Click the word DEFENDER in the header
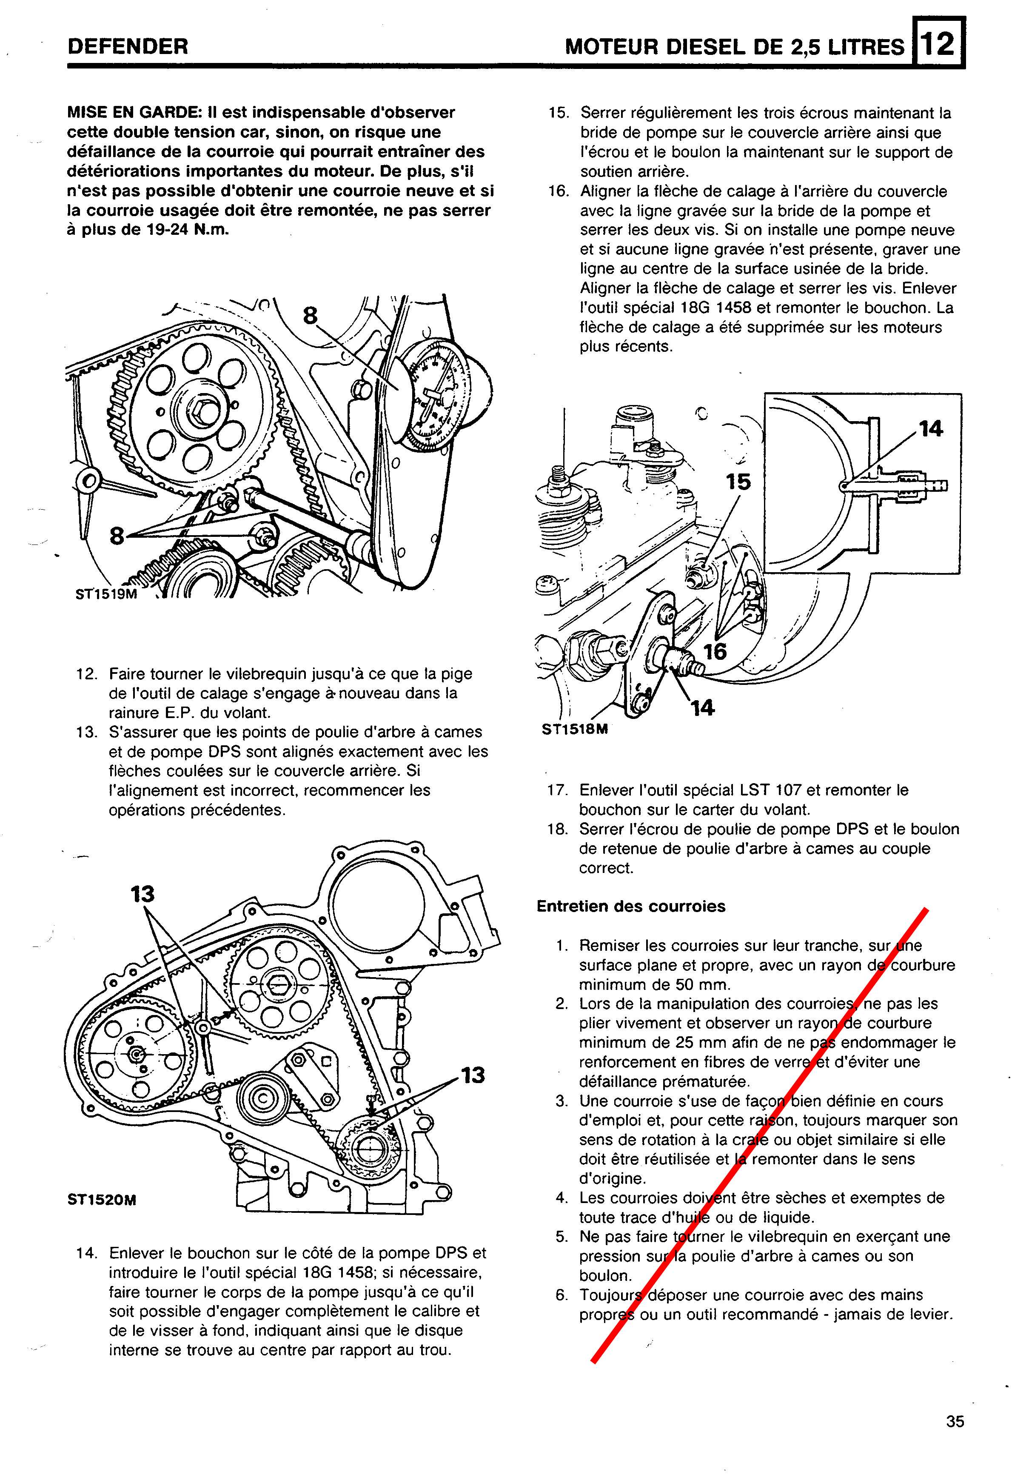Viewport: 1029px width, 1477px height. pyautogui.click(x=127, y=46)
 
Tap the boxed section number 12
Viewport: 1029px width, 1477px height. pyautogui.click(x=938, y=44)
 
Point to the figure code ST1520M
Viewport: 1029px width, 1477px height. pyautogui.click(x=102, y=1200)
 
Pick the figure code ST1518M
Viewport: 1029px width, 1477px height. pyautogui.click(x=574, y=729)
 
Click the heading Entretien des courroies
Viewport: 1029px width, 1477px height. pyautogui.click(x=630, y=907)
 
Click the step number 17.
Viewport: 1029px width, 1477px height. pyautogui.click(x=556, y=790)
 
